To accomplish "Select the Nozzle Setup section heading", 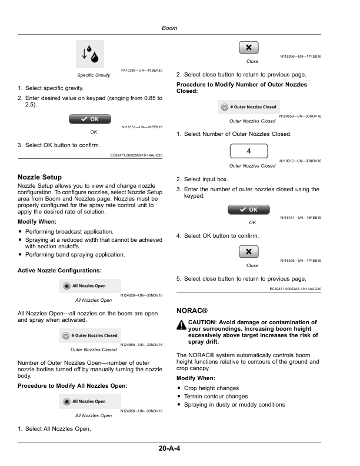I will pyautogui.click(x=40, y=177).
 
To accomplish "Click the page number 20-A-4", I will pyautogui.click(x=169, y=448).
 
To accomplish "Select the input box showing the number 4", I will pyautogui.click(x=248, y=151).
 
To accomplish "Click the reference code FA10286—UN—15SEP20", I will pyautogui.click(x=142, y=71).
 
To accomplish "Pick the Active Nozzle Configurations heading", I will pyautogui.click(x=60, y=269).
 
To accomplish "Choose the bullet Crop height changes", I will pyautogui.click(x=211, y=388).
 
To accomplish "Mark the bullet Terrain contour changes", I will pyautogui.click(x=216, y=397).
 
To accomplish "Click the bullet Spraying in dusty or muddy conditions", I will pyautogui.click(x=234, y=405).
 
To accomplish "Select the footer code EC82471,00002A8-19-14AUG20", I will pyautogui.click(x=136, y=155).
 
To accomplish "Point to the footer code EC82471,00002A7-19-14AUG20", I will pyautogui.click(x=295, y=289).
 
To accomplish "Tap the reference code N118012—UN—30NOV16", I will pyautogui.click(x=301, y=161).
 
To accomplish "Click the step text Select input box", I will pyautogui.click(x=206, y=179).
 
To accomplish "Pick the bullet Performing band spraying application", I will pyautogui.click(x=75, y=255).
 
